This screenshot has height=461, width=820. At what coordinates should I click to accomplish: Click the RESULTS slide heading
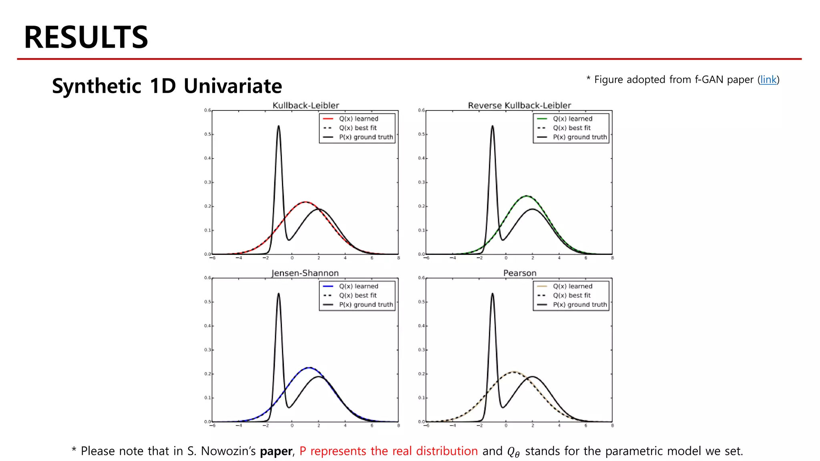[x=86, y=37]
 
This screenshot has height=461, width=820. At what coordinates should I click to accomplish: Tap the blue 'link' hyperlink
[x=768, y=80]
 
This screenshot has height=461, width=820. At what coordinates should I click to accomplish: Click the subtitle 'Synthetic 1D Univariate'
[x=167, y=86]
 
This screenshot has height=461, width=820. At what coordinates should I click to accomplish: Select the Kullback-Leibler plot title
[x=305, y=105]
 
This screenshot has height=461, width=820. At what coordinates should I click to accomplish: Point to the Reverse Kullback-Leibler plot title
[x=519, y=105]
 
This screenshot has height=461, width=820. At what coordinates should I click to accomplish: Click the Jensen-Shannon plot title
[x=305, y=273]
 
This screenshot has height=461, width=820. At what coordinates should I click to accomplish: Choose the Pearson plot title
[x=520, y=273]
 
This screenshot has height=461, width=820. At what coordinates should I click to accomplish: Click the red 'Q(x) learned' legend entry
[x=358, y=119]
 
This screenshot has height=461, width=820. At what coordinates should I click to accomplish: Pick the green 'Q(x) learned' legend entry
[x=572, y=119]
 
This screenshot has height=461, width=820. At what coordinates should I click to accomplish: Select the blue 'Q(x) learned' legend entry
[x=358, y=286]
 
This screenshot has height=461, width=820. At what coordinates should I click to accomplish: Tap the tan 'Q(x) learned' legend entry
[x=572, y=286]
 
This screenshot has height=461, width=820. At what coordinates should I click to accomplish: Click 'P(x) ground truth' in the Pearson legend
[x=579, y=305]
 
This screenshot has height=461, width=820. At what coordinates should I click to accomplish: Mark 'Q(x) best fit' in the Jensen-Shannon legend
[x=358, y=295]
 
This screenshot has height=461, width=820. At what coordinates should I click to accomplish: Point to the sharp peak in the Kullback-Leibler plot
[x=279, y=126]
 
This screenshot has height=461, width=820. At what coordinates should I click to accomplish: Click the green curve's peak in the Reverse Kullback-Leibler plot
[x=527, y=196]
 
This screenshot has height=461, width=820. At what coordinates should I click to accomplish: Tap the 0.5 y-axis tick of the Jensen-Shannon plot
[x=207, y=302]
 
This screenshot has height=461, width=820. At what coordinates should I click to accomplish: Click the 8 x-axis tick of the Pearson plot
[x=612, y=426]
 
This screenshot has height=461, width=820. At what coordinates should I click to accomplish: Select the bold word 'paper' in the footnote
[x=276, y=451]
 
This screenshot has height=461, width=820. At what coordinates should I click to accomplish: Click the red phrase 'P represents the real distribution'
[x=388, y=451]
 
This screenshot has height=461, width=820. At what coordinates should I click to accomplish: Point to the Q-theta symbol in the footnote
[x=513, y=452]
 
